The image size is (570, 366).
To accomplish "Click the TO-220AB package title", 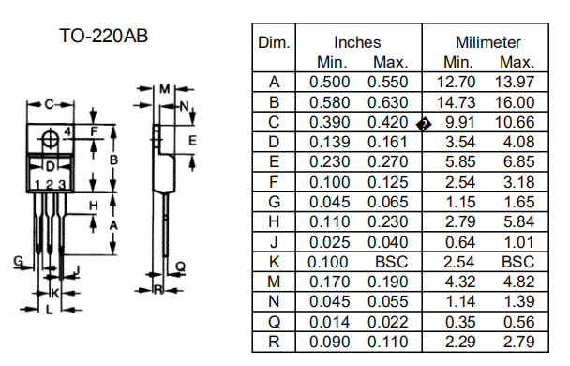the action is pos(104,36).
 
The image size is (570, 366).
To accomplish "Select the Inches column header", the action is pos(357,42).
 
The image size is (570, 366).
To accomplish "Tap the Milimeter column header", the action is pos(488,42).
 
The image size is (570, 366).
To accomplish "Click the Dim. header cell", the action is pos(274,42).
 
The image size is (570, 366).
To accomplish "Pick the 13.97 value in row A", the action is pos(515,82).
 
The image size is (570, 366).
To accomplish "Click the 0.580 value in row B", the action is pos(329,102).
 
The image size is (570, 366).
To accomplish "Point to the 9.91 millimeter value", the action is pos(460,122).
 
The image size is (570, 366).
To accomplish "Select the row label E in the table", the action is pos(274,161).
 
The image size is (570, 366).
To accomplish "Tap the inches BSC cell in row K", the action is pos(391,262).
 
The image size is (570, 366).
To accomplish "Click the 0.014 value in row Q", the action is pos(329,322).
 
